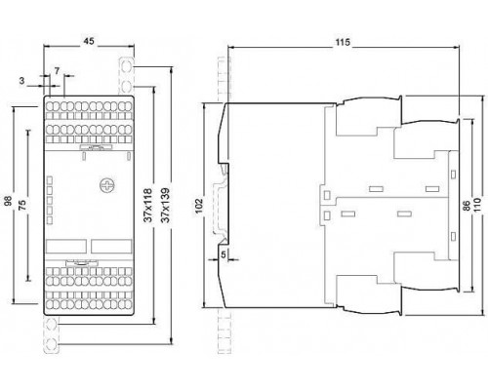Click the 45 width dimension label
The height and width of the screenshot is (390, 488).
coord(89,41)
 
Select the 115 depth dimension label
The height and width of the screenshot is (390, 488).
coord(343,42)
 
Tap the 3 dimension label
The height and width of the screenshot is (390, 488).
coord(21,81)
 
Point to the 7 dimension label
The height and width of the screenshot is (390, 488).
coord(57,71)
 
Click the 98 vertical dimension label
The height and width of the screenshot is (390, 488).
coord(8,201)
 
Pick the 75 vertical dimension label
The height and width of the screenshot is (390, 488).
coord(22,205)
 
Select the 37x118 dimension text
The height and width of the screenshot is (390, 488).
coord(148,205)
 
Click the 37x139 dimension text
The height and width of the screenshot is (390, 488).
coord(166,205)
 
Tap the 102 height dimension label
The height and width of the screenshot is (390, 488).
coord(198,206)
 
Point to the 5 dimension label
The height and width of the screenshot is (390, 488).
coord(224,254)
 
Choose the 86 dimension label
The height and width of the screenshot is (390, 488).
coord(467,206)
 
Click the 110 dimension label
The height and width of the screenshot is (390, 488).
coord(477,205)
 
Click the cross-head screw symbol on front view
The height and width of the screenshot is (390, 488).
coord(107,185)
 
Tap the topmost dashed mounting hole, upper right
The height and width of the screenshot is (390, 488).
coord(127,67)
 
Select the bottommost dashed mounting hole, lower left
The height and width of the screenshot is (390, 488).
coord(51,343)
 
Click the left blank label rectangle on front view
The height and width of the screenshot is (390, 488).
coord(66,247)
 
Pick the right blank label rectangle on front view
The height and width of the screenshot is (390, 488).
coord(111,247)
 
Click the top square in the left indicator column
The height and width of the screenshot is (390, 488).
coord(50,180)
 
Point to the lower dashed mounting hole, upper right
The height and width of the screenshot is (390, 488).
coord(127,87)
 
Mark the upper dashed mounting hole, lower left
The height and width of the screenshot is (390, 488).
coord(51,325)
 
